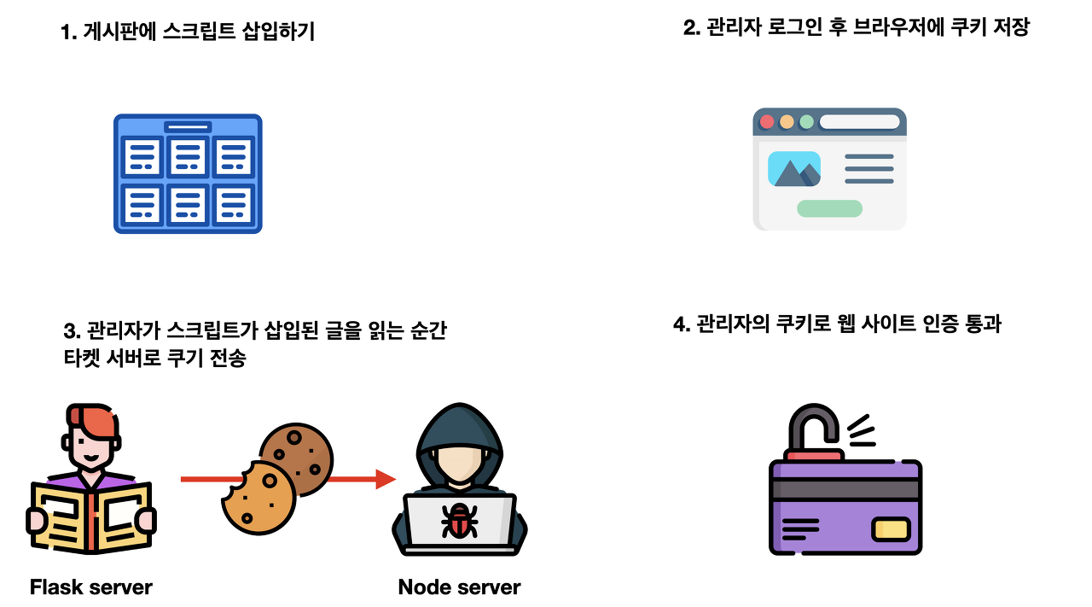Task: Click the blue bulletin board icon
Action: (x=188, y=174)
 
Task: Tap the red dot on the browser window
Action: (x=767, y=121)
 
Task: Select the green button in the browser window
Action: (x=829, y=208)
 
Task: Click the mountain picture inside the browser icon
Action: (x=793, y=169)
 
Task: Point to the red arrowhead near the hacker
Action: (x=386, y=479)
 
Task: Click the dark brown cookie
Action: (x=296, y=458)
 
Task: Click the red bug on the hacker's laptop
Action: (x=459, y=520)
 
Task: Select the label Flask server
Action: (x=90, y=587)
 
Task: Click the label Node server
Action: (x=459, y=587)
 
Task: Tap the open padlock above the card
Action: (x=815, y=432)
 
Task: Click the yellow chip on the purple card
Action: (x=891, y=529)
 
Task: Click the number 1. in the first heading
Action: (x=68, y=33)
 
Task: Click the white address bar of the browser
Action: (x=859, y=121)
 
